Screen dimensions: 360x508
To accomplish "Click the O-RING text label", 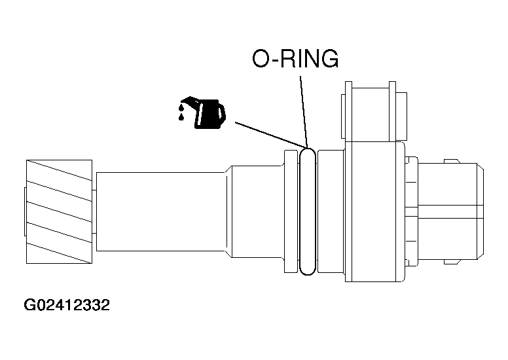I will tap(295, 59).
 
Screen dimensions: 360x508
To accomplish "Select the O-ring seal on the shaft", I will tap(307, 211).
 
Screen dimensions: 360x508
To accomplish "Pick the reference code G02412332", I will tap(67, 306).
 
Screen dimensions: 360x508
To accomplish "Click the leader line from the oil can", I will tap(268, 134).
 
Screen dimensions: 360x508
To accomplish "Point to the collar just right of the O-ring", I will tap(329, 211).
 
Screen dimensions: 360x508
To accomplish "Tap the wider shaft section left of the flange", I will tap(259, 211).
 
